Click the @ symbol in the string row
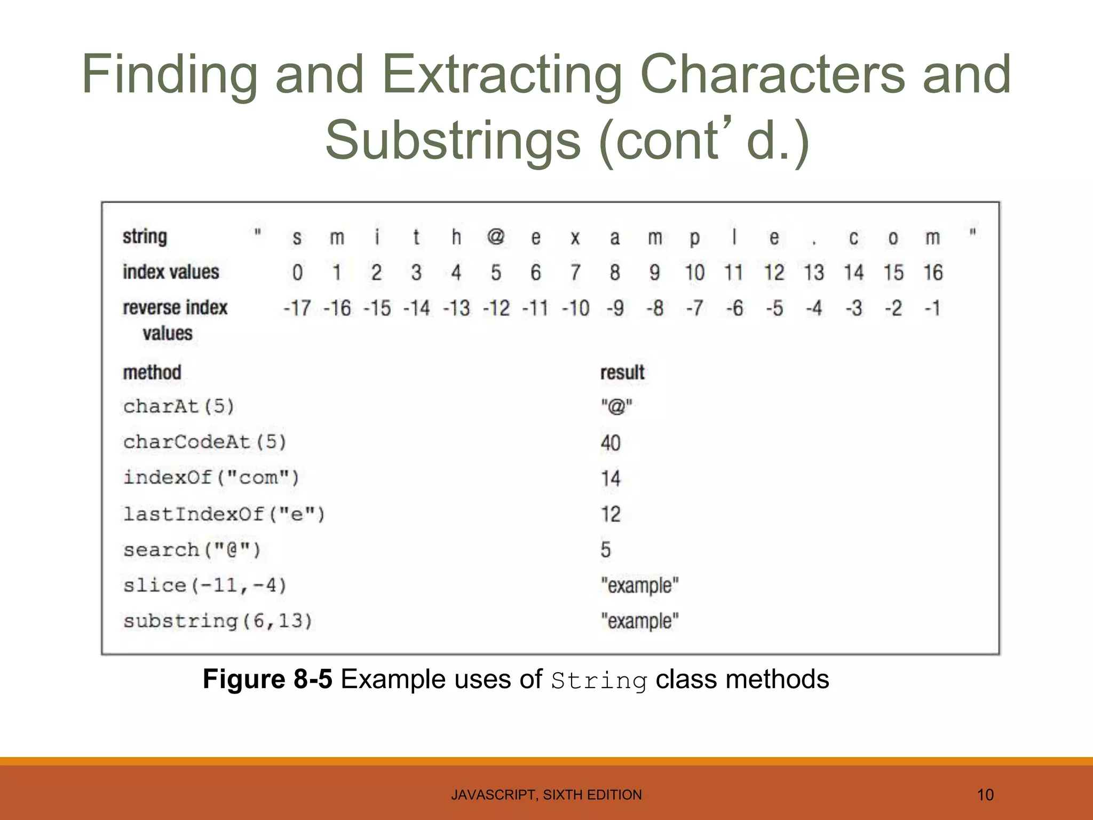point(496,236)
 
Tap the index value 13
point(814,273)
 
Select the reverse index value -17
point(297,309)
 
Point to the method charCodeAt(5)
point(205,442)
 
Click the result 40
point(611,443)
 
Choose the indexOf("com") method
point(211,477)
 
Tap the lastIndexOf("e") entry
point(224,514)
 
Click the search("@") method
point(192,550)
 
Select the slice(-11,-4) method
point(205,586)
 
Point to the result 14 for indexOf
point(611,478)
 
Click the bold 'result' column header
point(622,373)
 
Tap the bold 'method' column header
point(152,373)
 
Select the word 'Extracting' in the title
point(502,75)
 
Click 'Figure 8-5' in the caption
point(267,680)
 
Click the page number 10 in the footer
point(985,795)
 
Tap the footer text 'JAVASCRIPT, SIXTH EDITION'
point(546,795)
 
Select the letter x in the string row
point(575,238)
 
